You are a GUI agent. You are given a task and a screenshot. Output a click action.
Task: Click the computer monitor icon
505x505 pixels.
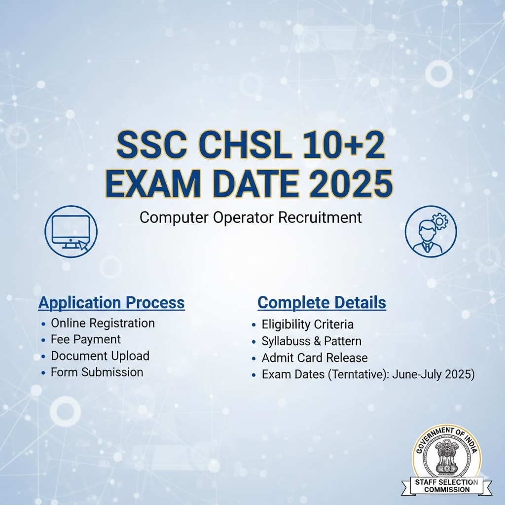pyautogui.click(x=71, y=231)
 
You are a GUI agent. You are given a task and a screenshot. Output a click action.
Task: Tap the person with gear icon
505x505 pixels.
pyautogui.click(x=431, y=231)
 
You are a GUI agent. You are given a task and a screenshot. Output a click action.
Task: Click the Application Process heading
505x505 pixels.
pyautogui.click(x=111, y=302)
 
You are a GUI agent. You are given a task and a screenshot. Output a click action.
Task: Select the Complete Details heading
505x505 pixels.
pyautogui.click(x=322, y=302)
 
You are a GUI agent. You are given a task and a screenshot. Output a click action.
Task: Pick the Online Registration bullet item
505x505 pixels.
pyautogui.click(x=103, y=323)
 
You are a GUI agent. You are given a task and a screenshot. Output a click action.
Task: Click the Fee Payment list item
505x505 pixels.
pyautogui.click(x=85, y=339)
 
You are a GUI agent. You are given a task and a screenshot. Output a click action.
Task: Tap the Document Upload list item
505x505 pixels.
pyautogui.click(x=100, y=356)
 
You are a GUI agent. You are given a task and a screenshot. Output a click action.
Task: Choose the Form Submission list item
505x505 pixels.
pyautogui.click(x=97, y=372)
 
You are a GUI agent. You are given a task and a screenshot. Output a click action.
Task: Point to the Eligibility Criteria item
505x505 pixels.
pyautogui.click(x=307, y=325)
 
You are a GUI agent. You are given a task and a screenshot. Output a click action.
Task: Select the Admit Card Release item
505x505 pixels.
pyautogui.click(x=314, y=358)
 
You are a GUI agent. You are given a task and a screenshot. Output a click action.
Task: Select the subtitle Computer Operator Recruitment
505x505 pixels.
pyautogui.click(x=251, y=217)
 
